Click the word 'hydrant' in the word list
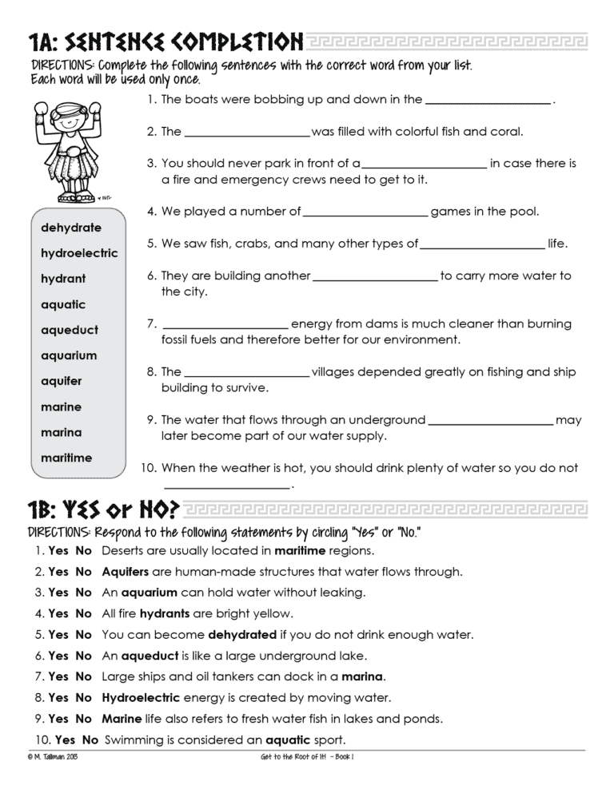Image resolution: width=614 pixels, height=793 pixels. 63,279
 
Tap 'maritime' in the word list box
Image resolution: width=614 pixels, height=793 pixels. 66,458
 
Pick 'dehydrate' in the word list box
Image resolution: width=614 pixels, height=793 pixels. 71,228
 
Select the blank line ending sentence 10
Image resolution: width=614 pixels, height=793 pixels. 226,486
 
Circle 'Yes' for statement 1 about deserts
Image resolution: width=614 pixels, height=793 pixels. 58,551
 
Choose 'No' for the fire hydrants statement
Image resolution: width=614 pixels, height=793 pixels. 84,613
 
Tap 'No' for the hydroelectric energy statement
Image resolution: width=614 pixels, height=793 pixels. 84,697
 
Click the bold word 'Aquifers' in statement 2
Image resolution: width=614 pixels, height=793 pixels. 126,572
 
